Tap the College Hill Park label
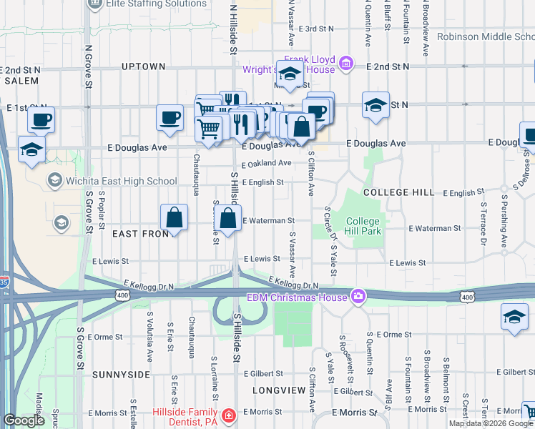[363, 226]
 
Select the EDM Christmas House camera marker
[358, 296]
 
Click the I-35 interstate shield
[4, 283]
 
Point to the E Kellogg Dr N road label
[149, 285]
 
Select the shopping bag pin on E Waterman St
[228, 218]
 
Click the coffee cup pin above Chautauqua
[170, 117]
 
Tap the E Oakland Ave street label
[266, 163]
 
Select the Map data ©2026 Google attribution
[490, 423]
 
